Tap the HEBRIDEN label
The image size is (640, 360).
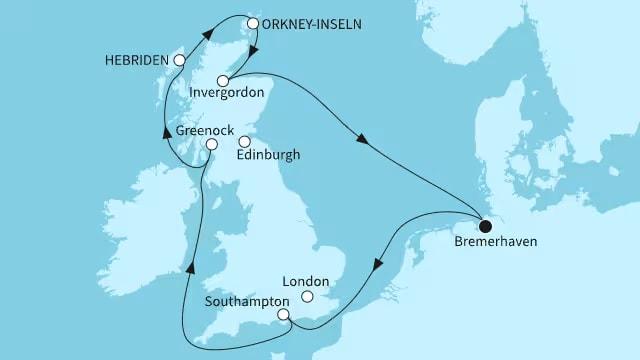click(x=137, y=60)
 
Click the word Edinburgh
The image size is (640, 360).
click(x=267, y=156)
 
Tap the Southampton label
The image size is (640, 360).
click(x=249, y=300)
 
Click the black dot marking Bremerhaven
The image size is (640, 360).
click(x=486, y=223)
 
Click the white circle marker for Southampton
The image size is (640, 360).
click(x=284, y=315)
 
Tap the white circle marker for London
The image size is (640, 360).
click(x=308, y=297)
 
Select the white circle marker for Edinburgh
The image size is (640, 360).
click(x=244, y=141)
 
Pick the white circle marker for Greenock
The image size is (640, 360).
click(x=211, y=145)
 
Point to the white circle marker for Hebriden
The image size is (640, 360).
click(x=180, y=60)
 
